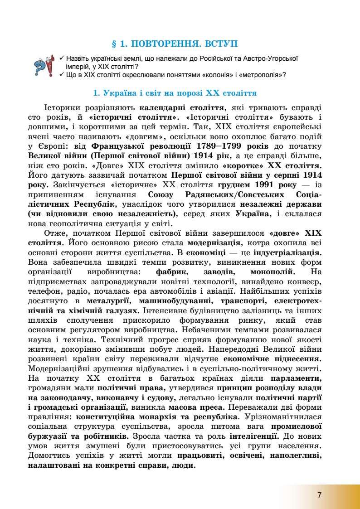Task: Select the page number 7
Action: click(x=319, y=495)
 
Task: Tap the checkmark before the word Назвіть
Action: click(x=62, y=58)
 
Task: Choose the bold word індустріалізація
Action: click(x=287, y=252)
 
